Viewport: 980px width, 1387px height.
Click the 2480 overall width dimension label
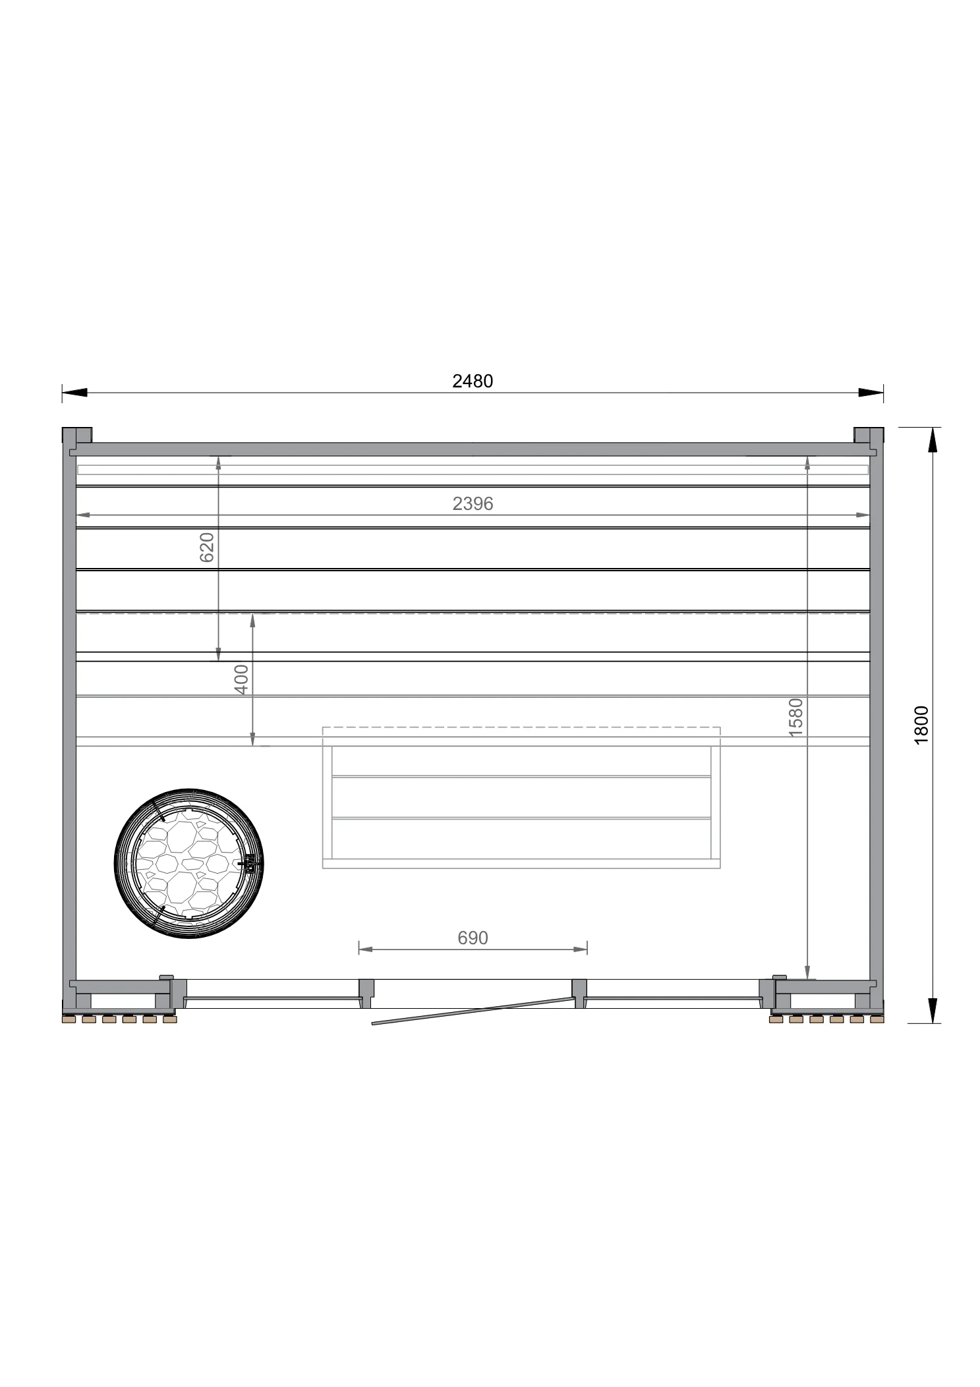(472, 382)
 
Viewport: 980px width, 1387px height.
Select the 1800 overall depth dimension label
(921, 725)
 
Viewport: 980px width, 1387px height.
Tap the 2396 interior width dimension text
(473, 503)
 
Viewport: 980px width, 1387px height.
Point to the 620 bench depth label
(207, 547)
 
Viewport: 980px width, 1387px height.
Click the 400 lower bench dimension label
(242, 679)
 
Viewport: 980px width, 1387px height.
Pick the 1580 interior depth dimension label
(796, 717)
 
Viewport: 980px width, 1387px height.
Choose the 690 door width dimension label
(473, 938)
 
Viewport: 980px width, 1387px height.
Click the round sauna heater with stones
(188, 863)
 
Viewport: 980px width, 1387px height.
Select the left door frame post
(366, 993)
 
